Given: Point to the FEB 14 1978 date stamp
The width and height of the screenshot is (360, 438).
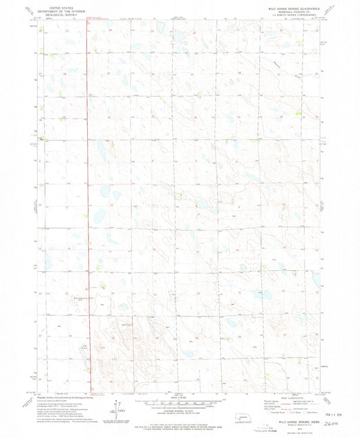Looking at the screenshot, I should (339, 405).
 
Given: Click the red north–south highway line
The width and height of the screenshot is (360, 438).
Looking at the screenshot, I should (87, 202).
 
